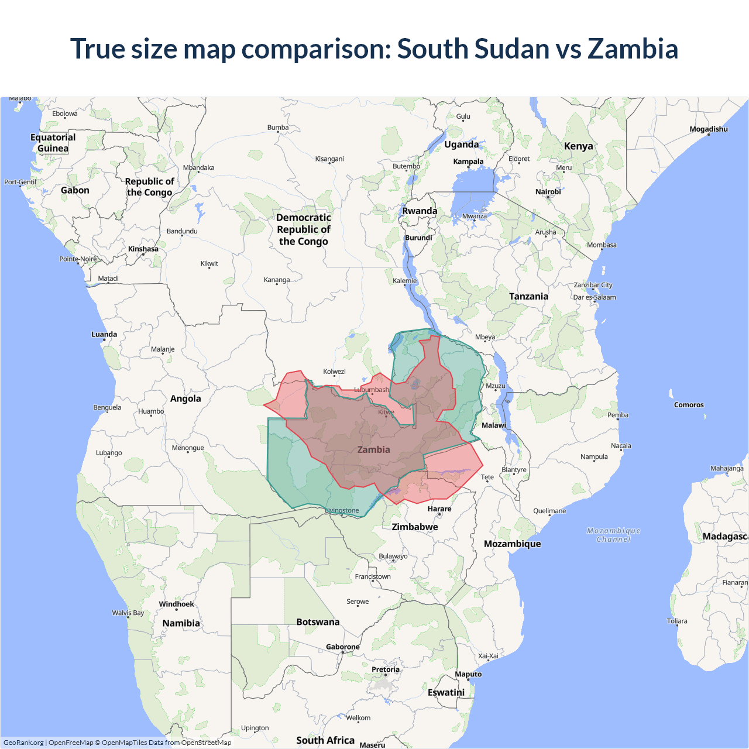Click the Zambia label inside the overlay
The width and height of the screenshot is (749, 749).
(x=373, y=449)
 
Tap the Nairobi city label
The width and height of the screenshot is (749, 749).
(x=548, y=192)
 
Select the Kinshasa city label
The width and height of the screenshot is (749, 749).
(x=143, y=249)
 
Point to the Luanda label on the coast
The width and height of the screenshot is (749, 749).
(x=104, y=335)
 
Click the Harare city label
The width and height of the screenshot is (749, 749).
(x=439, y=509)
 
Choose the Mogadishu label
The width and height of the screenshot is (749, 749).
(x=708, y=129)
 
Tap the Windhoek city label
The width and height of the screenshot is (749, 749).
(x=176, y=604)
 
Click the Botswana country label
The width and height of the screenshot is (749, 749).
(x=318, y=622)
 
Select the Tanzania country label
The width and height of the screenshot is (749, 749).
(x=528, y=296)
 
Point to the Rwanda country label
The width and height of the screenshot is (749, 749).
(x=420, y=211)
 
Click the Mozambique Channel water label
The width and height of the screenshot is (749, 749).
(x=613, y=535)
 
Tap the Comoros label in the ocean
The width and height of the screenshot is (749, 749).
(x=689, y=405)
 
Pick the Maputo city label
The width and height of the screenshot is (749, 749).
(x=468, y=674)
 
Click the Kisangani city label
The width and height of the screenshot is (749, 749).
(x=329, y=159)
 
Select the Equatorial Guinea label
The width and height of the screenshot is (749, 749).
(x=53, y=143)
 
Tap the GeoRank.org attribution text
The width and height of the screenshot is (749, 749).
(x=23, y=743)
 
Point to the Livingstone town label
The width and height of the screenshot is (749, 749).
(x=342, y=511)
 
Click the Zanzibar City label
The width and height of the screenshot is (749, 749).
(x=593, y=285)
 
